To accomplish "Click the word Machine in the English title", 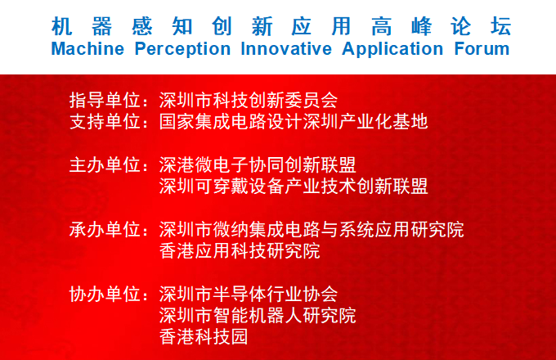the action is coord(87,49).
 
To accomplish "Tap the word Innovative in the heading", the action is coord(286,49).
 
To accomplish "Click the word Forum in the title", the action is coord(482,49).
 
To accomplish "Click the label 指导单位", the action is coord(105,100).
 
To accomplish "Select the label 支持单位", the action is coord(105,122).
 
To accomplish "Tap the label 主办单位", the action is coord(105,165).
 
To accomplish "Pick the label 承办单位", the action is coord(105,229).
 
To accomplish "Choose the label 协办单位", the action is coord(105,294).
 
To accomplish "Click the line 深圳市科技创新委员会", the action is coord(249,100).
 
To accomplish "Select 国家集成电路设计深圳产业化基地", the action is coord(294,122).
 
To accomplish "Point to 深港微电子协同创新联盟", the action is coord(258,165).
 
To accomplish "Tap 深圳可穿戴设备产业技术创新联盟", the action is coord(294,187).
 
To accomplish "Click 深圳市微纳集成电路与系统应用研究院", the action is coord(312,229).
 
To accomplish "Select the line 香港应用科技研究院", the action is coord(240,250).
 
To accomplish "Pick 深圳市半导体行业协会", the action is coord(249,294).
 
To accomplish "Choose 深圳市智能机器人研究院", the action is coord(258,315).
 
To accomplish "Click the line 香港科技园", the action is coord(204,336).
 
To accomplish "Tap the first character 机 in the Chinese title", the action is coord(62,26).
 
